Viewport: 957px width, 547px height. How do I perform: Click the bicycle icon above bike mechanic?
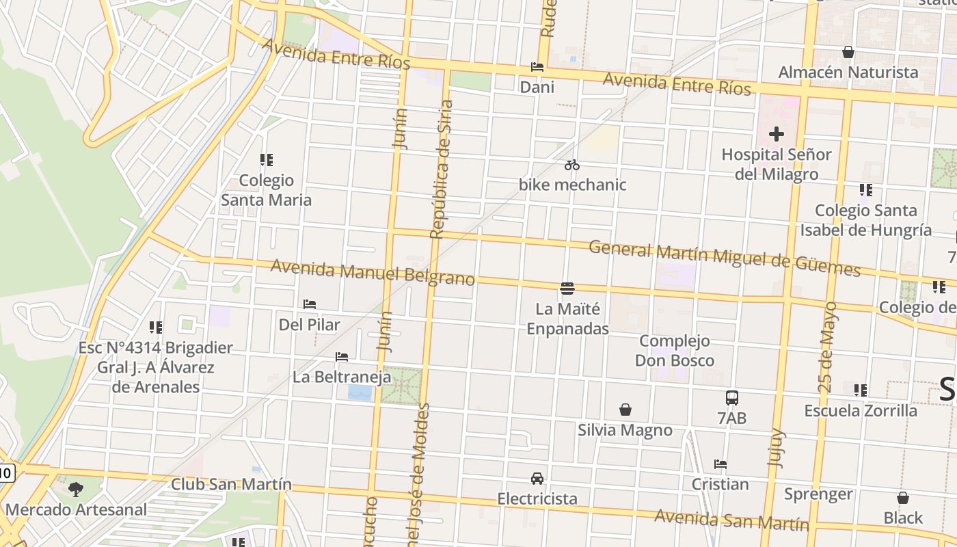coord(572,165)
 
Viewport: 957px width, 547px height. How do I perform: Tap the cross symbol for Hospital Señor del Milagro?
coord(776,134)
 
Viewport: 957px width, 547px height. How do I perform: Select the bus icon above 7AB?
coord(731,397)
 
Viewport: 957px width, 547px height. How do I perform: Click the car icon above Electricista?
coord(537,478)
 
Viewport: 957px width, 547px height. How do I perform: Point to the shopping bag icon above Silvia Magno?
coord(625,410)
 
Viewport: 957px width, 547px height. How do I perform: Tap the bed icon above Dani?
coord(537,67)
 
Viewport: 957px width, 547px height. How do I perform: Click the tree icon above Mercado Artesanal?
coord(75,489)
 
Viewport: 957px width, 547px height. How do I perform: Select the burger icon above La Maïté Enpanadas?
coord(567,289)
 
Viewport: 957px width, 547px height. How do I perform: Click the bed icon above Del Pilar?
coord(310,304)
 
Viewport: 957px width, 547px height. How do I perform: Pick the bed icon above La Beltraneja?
coord(342,356)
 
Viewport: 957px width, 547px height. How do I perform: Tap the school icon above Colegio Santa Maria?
coord(266,160)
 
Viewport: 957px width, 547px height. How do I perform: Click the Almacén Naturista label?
coord(848,72)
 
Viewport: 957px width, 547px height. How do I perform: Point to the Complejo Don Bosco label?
coord(675,351)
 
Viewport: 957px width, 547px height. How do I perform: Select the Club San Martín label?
coord(231,485)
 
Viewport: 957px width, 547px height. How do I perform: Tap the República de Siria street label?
coord(442,169)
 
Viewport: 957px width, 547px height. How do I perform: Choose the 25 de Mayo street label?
coord(827,347)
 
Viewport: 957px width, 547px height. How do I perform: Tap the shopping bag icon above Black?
coord(903,498)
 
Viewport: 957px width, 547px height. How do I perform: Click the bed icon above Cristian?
coord(720,464)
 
